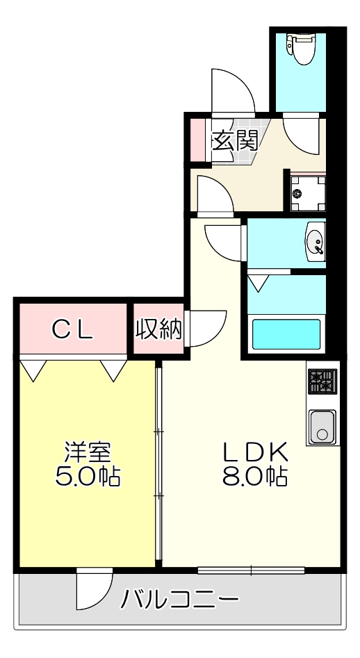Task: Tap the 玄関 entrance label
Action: coord(234,140)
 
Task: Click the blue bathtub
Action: coord(286,334)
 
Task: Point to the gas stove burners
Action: coord(322,381)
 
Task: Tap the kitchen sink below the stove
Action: coord(322,425)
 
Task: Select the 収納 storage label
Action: coord(158,329)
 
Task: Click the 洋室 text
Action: coord(87,452)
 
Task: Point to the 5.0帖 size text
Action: coord(87,477)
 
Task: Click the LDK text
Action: coord(255,452)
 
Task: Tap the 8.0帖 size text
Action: coord(255,477)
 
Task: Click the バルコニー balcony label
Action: coord(181,598)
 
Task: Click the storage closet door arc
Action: coord(207,327)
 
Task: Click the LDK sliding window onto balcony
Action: coord(251,570)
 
